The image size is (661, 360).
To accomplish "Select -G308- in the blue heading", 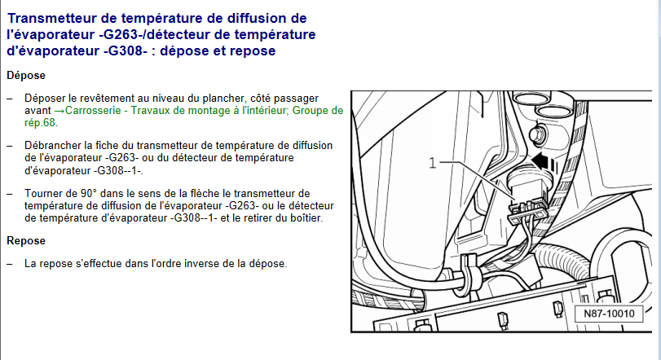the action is click(126, 51).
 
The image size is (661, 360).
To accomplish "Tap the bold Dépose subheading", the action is click(26, 76).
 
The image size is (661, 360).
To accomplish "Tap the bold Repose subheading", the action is click(26, 241).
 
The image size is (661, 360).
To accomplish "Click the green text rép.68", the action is click(40, 123).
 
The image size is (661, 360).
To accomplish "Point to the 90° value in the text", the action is click(89, 194).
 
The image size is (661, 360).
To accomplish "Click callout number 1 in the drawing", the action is click(433, 163).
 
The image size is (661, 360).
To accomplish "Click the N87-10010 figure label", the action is click(609, 314).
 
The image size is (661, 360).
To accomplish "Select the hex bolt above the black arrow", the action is click(537, 134).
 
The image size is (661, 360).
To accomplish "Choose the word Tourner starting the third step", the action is click(41, 194).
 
